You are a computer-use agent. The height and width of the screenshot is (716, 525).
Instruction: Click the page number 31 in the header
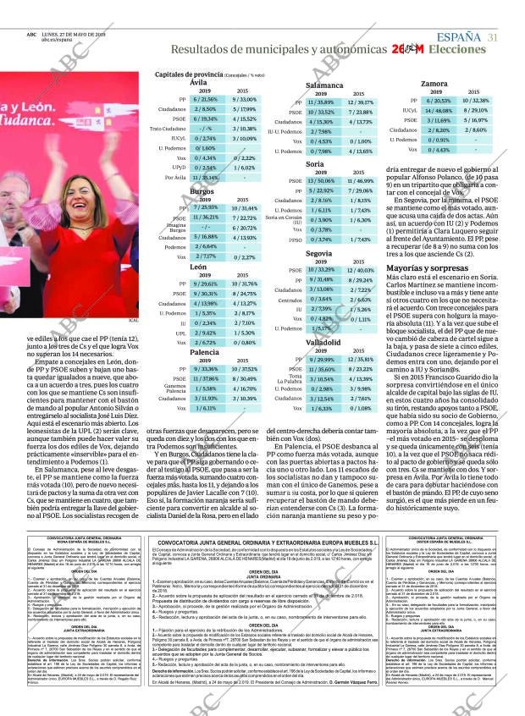492,36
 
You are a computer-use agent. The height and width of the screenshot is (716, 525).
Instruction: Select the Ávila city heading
197,82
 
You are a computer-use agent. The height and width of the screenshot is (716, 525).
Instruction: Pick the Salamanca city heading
324,85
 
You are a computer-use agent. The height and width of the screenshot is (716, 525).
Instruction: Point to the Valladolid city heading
324,341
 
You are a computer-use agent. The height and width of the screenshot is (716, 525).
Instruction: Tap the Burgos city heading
202,192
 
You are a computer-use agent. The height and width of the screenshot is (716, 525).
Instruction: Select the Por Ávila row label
176,177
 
